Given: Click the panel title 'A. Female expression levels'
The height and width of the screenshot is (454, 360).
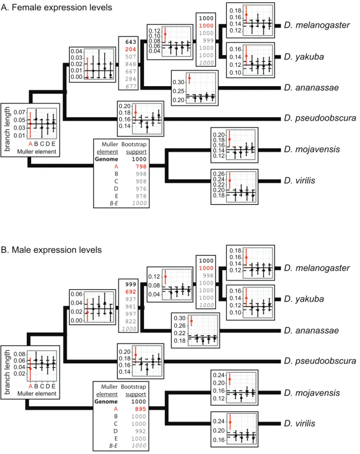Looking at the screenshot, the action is pyautogui.click(x=56, y=7).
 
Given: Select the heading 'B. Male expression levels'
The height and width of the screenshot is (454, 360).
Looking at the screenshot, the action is pyautogui.click(x=51, y=250).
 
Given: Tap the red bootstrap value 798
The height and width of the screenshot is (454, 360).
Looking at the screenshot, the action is pyautogui.click(x=141, y=166).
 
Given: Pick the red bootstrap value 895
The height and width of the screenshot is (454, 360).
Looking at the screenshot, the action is pyautogui.click(x=140, y=409).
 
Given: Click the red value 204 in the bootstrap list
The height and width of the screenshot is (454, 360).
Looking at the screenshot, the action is pyautogui.click(x=131, y=49).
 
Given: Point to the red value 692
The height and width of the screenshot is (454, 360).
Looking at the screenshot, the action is pyautogui.click(x=131, y=292).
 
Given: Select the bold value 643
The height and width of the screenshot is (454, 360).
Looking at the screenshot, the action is pyautogui.click(x=131, y=42).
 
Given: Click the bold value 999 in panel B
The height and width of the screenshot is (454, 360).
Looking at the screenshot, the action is pyautogui.click(x=131, y=284).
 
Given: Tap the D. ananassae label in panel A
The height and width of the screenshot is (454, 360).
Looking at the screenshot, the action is pyautogui.click(x=311, y=88).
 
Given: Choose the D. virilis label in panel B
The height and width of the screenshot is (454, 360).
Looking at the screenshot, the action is pyautogui.click(x=300, y=423).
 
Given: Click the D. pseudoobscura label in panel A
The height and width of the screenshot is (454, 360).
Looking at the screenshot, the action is pyautogui.click(x=320, y=118).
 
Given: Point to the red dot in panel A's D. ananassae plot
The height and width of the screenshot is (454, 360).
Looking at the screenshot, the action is pyautogui.click(x=190, y=78).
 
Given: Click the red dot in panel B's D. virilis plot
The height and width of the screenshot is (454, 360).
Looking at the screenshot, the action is pyautogui.click(x=230, y=422).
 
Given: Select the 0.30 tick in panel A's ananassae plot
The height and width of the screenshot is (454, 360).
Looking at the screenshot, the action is pyautogui.click(x=178, y=82).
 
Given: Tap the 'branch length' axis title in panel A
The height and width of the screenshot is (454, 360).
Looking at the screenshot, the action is pyautogui.click(x=7, y=129).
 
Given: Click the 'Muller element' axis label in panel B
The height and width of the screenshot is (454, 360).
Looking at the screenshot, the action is pyautogui.click(x=37, y=394).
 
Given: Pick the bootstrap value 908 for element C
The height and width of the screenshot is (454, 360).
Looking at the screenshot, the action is pyautogui.click(x=141, y=181).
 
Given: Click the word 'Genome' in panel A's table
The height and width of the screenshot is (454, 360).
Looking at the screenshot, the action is pyautogui.click(x=106, y=159).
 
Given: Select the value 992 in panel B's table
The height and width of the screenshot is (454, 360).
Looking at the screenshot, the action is pyautogui.click(x=140, y=431).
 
